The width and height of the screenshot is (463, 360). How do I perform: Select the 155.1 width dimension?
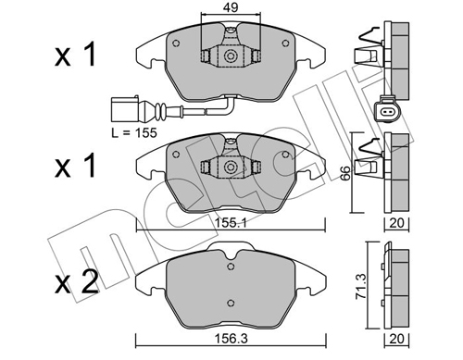click(x=225, y=223)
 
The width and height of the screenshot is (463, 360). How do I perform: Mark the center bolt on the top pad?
click(x=226, y=55)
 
